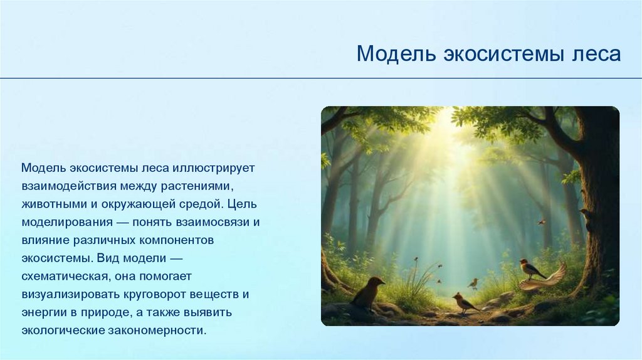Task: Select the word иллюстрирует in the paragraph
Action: (x=214, y=168)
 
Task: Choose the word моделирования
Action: (x=67, y=222)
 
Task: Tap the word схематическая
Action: (x=65, y=277)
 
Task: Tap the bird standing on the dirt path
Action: (x=465, y=302)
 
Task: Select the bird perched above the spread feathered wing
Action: (x=530, y=268)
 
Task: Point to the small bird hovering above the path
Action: (x=474, y=283)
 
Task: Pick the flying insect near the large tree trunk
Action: (x=542, y=221)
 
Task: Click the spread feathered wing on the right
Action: (x=545, y=278)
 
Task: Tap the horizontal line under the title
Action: (x=321, y=78)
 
